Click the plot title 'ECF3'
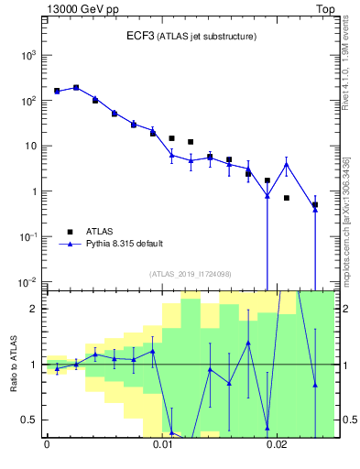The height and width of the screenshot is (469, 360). (x=140, y=36)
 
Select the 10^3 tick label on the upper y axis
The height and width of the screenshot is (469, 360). (x=27, y=55)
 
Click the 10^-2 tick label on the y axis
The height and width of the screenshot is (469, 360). (x=27, y=281)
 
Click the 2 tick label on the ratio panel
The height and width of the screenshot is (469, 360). (x=36, y=309)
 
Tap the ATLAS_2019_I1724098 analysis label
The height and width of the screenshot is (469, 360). (x=191, y=274)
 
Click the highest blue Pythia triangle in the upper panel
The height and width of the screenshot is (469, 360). (x=76, y=88)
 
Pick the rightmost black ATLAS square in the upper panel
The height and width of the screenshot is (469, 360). (x=315, y=205)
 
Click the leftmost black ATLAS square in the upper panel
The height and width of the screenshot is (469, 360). (x=57, y=91)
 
